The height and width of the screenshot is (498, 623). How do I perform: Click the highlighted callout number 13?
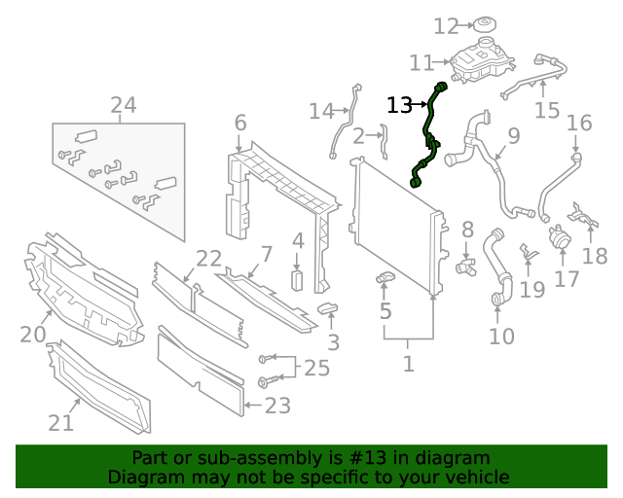click(x=400, y=105)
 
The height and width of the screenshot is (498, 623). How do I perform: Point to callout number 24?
click(x=123, y=105)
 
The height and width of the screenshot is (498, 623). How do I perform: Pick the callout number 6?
click(x=240, y=124)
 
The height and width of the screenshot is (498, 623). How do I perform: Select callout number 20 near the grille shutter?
click(x=33, y=335)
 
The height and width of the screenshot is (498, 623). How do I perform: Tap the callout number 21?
click(x=60, y=422)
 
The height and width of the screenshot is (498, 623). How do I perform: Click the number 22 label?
click(x=208, y=258)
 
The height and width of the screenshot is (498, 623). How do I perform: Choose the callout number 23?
click(x=277, y=405)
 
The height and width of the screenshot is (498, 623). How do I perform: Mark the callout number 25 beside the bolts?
click(x=317, y=368)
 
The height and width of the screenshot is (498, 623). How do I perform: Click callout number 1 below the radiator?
click(x=409, y=365)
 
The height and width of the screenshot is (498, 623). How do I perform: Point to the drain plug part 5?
click(x=385, y=281)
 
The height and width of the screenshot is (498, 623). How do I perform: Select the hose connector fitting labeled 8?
click(x=465, y=263)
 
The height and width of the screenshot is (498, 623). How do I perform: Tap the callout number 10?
click(x=501, y=337)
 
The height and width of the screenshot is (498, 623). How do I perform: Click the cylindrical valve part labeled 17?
click(x=561, y=237)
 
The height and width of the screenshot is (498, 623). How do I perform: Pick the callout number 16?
click(x=579, y=124)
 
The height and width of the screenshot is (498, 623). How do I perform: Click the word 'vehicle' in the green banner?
click(x=477, y=477)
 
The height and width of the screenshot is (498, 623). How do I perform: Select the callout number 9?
click(x=513, y=135)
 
